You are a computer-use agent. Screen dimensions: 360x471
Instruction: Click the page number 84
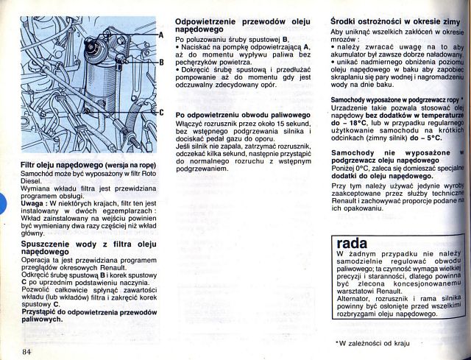[27, 350]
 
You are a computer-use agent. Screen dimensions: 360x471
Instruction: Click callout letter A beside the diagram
[161, 35]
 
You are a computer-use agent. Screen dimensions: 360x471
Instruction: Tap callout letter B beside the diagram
[161, 62]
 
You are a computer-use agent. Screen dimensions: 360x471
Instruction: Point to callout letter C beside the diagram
[161, 113]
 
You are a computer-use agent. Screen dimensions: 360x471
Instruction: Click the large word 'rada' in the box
[351, 243]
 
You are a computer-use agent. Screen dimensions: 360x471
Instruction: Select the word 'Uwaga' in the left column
[35, 202]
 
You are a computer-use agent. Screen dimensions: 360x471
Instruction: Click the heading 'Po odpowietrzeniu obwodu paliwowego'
[244, 116]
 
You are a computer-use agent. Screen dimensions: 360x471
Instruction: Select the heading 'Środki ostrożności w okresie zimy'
[395, 22]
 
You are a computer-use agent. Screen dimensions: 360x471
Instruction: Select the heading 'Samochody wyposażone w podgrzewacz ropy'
[394, 99]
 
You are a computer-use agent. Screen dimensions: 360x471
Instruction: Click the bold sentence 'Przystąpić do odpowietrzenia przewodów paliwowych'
[89, 316]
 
